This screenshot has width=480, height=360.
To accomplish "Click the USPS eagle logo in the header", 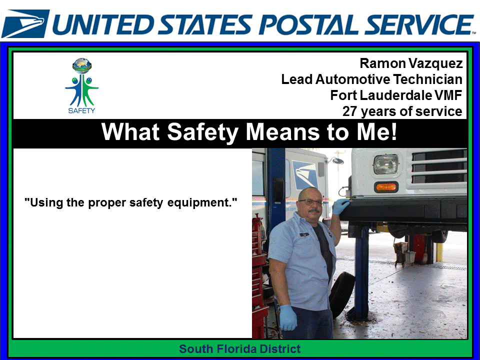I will [25, 23].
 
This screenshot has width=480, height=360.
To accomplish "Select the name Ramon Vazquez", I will [411, 63].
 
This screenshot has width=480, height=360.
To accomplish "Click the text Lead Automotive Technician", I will [371, 79].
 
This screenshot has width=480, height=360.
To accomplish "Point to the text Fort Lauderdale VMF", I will [396, 95].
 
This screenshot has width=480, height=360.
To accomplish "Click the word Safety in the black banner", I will [208, 132].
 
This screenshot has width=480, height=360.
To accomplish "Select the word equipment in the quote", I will [203, 203].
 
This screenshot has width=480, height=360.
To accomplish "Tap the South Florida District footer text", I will [240, 349].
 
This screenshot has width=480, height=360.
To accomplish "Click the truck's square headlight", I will [386, 164].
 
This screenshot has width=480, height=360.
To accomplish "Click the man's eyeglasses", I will [309, 202].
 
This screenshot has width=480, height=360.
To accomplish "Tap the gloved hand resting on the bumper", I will [341, 205].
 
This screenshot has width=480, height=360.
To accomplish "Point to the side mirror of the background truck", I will [336, 160].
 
